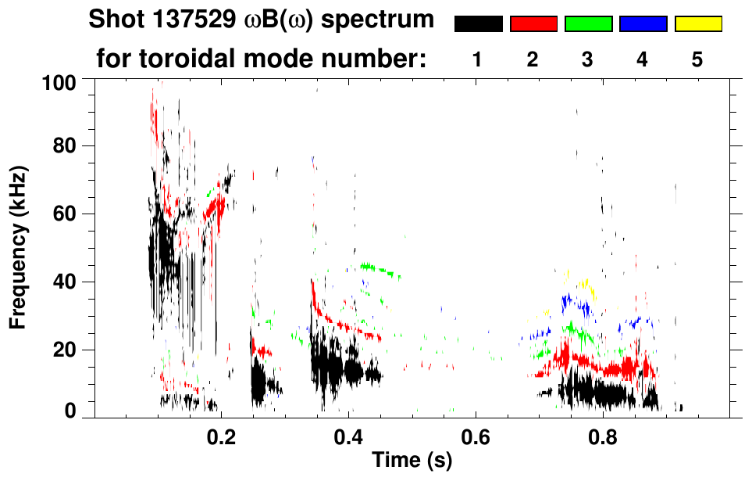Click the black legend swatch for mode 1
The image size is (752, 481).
478,24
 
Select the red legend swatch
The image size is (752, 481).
533,24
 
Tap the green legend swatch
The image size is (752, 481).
588,24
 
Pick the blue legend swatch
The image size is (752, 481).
643,24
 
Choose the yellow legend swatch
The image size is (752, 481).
698,24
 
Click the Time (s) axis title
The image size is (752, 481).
412,461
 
